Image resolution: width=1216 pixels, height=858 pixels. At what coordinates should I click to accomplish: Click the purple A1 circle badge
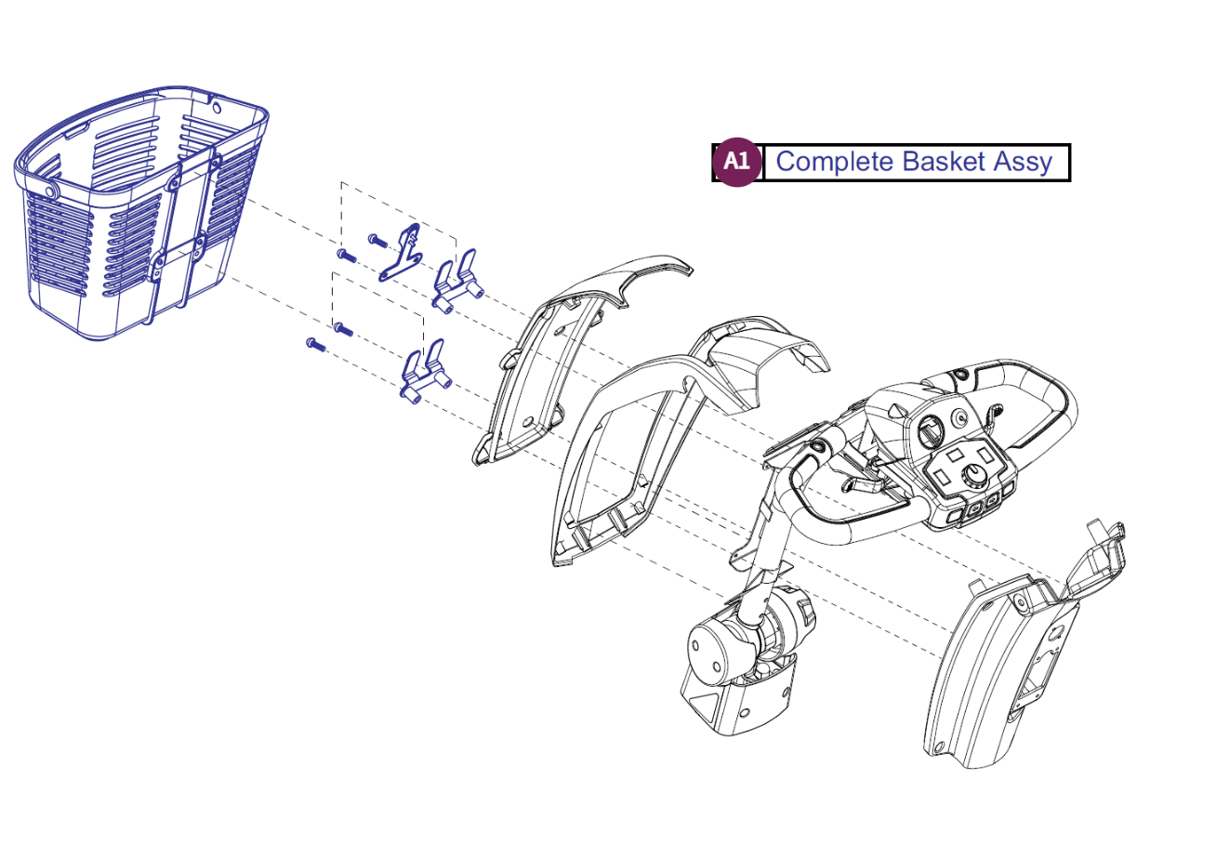click(x=736, y=162)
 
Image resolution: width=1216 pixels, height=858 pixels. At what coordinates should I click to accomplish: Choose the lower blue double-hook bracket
click(x=423, y=373)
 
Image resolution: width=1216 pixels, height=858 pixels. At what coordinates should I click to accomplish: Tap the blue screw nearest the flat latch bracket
click(x=376, y=239)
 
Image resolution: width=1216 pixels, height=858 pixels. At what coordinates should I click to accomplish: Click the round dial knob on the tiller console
click(x=973, y=477)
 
